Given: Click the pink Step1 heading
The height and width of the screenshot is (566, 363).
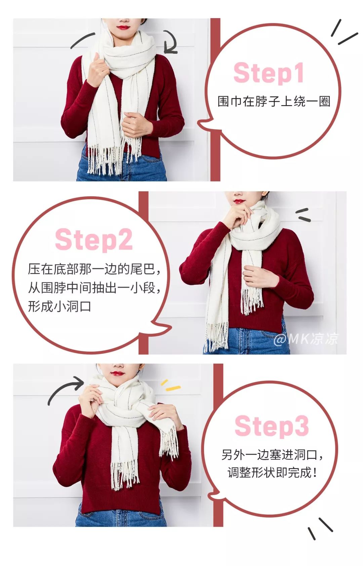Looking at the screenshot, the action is pos(269,73).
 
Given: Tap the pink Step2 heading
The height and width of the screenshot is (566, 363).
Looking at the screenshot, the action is pos(93,240).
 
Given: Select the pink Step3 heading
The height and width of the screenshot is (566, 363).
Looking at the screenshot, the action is pos(272,426).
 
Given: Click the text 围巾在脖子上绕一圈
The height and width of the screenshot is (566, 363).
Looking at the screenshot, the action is pos(274,101).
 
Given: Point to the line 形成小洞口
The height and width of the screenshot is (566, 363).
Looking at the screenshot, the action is pos(59,306).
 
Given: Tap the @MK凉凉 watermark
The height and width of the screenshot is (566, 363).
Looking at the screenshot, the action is pos(306,339).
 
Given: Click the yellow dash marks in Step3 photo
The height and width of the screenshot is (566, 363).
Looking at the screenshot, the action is pos(171,385).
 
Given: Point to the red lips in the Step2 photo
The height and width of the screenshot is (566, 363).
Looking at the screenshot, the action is pos(239,202).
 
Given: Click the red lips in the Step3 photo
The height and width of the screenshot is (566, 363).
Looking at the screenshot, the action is pos(118,373).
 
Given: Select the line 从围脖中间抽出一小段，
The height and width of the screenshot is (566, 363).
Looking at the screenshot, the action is pos(94,288).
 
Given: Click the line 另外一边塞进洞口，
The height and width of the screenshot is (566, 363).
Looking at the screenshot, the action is pos(273,454).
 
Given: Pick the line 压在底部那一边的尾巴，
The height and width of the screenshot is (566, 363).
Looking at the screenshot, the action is pos(94,269).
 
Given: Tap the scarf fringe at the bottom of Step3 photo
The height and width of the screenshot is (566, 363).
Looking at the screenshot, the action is pos(125,475).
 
